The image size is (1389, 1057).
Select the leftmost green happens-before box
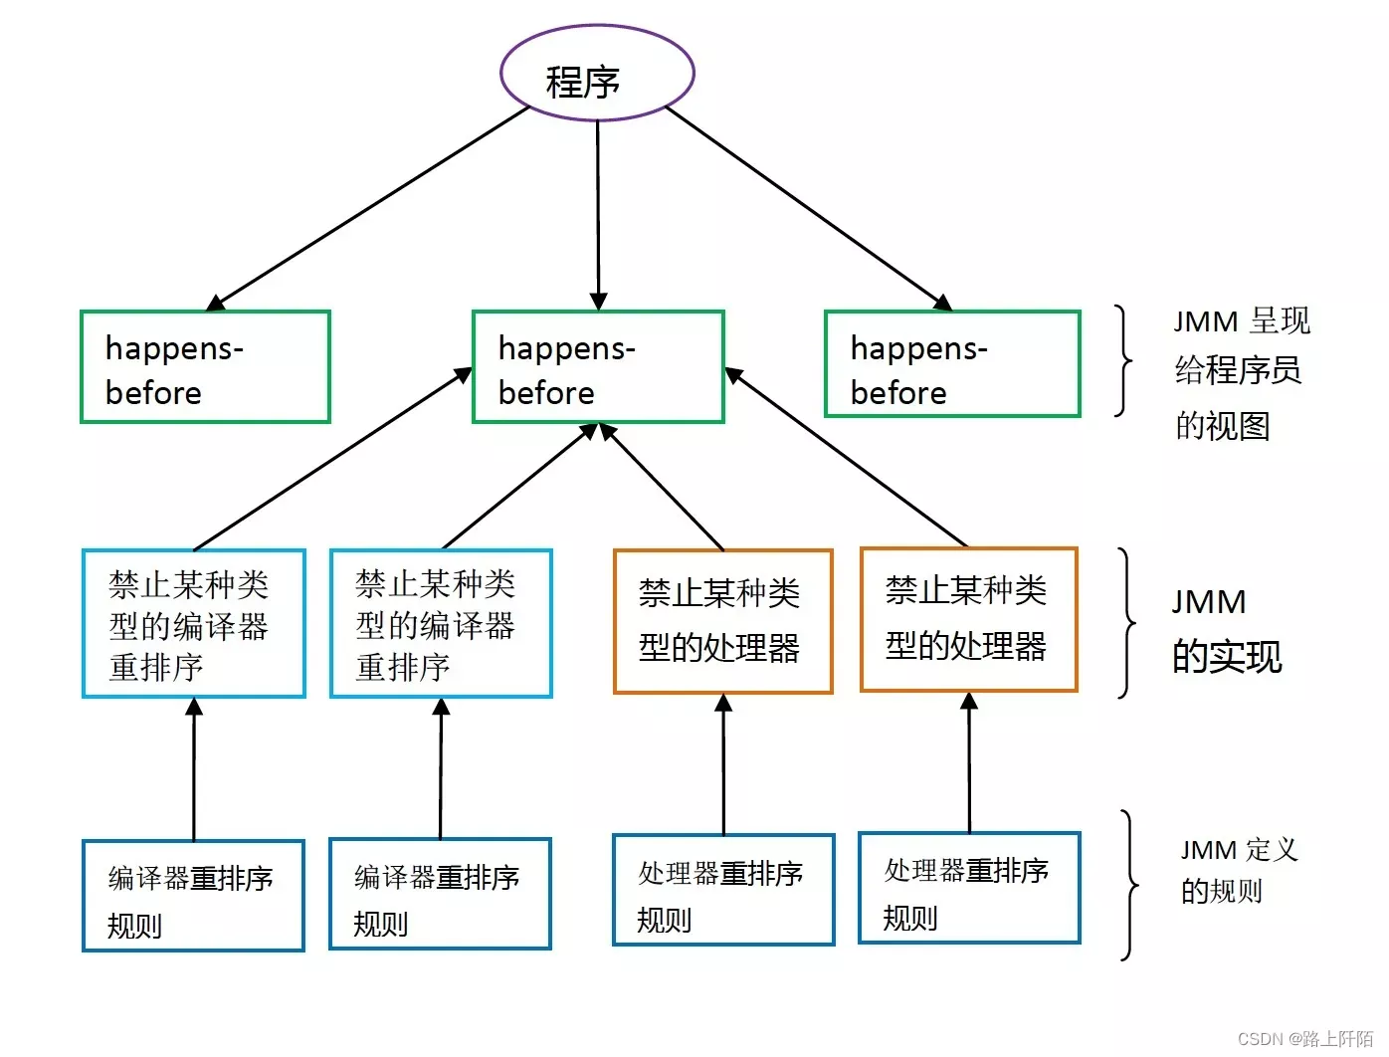click(x=205, y=367)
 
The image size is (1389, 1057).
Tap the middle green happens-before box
click(x=598, y=367)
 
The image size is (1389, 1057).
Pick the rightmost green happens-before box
click(x=952, y=364)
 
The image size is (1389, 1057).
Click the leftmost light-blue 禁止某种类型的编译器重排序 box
click(x=193, y=623)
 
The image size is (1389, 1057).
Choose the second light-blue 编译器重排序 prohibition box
click(x=441, y=623)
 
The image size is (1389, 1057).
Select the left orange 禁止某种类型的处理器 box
click(x=723, y=621)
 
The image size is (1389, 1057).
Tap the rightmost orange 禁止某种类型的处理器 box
click(x=969, y=619)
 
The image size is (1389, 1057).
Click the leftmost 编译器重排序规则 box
click(x=193, y=896)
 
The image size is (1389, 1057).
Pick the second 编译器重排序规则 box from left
click(x=440, y=894)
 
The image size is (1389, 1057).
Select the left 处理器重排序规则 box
click(x=723, y=890)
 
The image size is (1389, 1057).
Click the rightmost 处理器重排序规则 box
click(x=969, y=888)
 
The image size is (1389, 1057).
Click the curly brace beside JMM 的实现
click(x=1126, y=623)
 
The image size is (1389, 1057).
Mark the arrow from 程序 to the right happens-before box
click(x=806, y=206)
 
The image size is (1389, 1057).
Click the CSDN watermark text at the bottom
click(x=1304, y=1038)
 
